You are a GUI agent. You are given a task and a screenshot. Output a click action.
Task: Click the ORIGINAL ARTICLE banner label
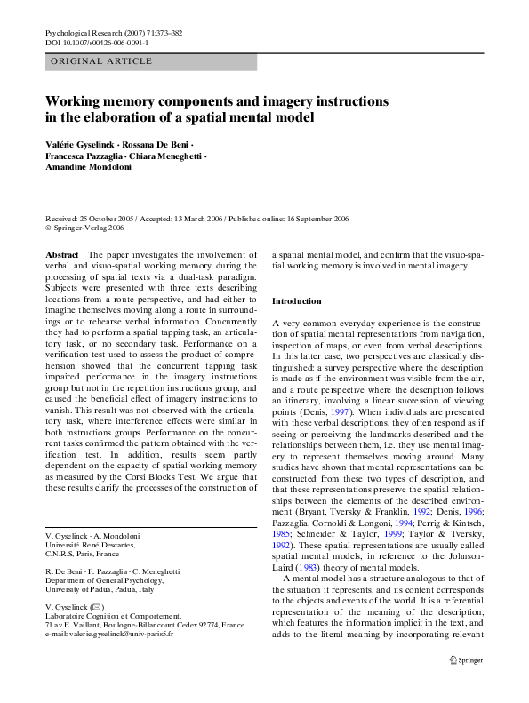coord(100,61)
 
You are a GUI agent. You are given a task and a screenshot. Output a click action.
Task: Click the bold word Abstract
coord(61,254)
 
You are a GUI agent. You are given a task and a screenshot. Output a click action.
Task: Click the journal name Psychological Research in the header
coord(86,33)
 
